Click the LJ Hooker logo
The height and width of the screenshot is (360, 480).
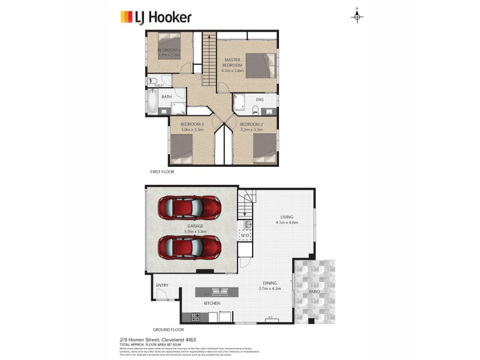(155, 16)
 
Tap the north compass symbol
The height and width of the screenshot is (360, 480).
(357, 16)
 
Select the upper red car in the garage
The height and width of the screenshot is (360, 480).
(189, 208)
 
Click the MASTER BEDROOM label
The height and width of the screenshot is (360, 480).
(233, 63)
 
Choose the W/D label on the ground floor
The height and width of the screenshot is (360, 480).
(245, 236)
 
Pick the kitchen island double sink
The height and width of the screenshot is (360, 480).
(216, 292)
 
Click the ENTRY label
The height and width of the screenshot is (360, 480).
(162, 285)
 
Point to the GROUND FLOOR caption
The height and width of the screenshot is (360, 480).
(168, 329)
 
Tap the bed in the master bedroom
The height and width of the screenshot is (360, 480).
(258, 64)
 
